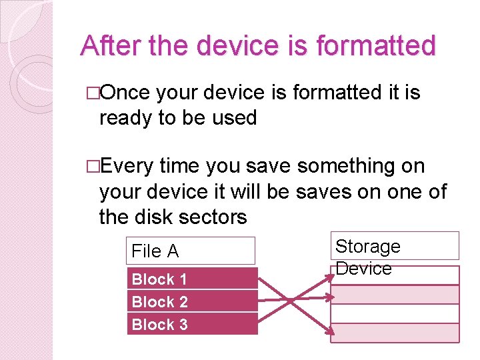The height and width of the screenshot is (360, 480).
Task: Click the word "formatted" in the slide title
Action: (375, 46)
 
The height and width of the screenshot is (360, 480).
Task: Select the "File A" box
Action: (191, 251)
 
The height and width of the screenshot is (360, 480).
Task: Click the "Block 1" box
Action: (192, 279)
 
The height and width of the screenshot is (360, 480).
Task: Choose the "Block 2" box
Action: (192, 301)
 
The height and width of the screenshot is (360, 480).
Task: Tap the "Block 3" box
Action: (192, 324)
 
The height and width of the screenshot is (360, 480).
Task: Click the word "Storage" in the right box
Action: (367, 246)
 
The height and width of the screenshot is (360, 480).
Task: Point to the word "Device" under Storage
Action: (363, 268)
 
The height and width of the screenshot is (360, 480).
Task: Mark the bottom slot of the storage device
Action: (395, 333)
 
